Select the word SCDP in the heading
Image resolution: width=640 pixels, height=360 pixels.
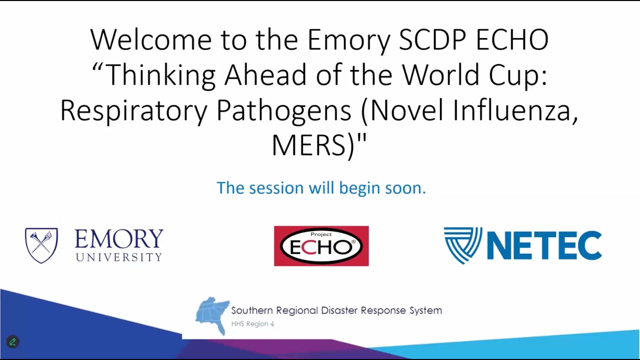pyautogui.click(x=432, y=40)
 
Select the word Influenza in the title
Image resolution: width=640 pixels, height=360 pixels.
pyautogui.click(x=515, y=110)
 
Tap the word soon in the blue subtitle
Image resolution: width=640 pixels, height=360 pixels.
pyautogui.click(x=405, y=188)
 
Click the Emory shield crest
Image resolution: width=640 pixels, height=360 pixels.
pyautogui.click(x=41, y=245)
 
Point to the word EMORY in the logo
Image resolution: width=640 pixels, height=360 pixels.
pyautogui.click(x=119, y=239)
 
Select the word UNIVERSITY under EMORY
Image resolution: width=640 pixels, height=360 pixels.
pyautogui.click(x=119, y=257)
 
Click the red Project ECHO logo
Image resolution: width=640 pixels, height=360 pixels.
pyautogui.click(x=321, y=246)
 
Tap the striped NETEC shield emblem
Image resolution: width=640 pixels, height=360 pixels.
pyautogui.click(x=462, y=245)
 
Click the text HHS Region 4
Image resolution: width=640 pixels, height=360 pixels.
pyautogui.click(x=252, y=324)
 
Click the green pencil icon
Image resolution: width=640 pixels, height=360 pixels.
pyautogui.click(x=12, y=342)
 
